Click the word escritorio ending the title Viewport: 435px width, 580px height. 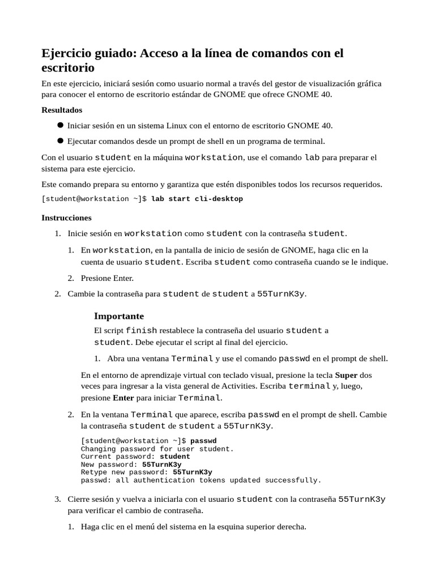[68, 69]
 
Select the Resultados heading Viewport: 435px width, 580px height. [62, 110]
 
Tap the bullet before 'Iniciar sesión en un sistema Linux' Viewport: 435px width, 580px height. [60, 125]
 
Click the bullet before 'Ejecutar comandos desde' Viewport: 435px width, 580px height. [60, 141]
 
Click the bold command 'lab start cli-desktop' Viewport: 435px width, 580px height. [197, 199]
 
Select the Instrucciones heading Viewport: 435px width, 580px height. [66, 217]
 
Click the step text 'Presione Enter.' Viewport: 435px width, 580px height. [107, 278]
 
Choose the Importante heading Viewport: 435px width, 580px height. [119, 316]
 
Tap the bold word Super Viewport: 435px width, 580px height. [346, 375]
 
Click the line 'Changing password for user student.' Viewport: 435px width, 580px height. [157, 449]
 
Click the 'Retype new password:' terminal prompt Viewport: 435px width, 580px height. [125, 472]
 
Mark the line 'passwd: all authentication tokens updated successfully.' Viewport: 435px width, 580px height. [201, 480]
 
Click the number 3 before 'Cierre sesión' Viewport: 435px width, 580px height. [57, 499]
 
